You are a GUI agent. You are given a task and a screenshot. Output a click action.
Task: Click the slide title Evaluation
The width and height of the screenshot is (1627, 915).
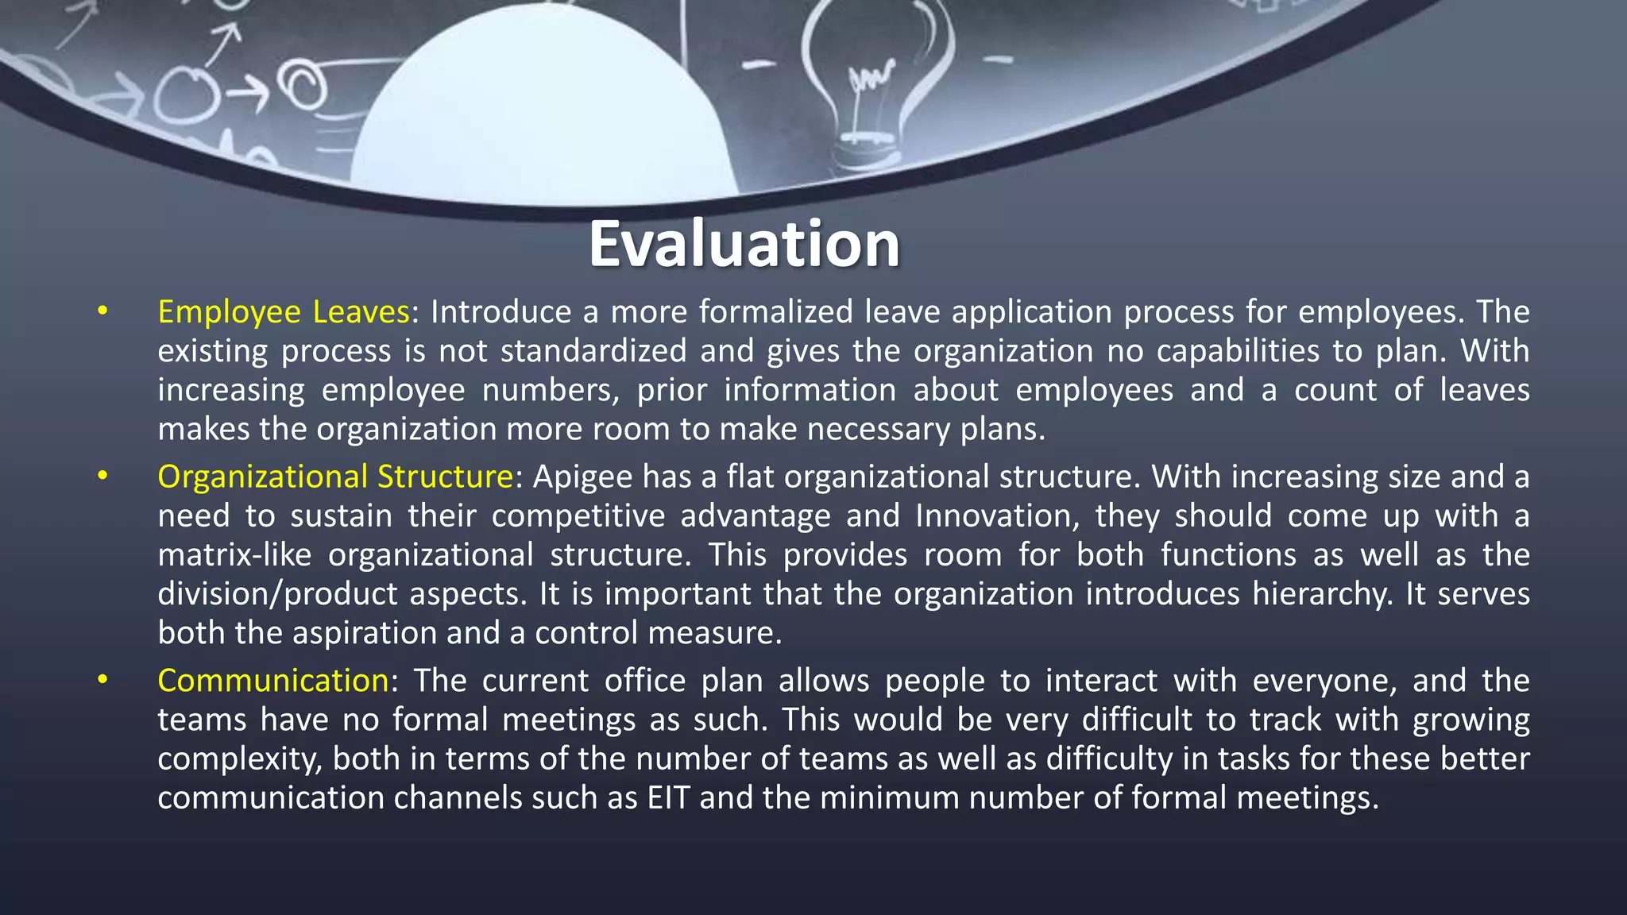point(744,244)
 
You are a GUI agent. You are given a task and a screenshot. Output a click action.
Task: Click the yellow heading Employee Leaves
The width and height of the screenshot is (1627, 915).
point(284,311)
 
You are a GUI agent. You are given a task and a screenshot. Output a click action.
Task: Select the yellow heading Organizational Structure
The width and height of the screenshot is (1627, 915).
point(335,477)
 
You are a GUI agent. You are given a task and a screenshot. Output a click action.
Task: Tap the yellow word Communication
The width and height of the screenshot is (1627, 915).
point(273,681)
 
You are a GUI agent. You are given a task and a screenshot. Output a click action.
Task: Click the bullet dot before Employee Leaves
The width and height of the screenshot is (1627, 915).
point(102,311)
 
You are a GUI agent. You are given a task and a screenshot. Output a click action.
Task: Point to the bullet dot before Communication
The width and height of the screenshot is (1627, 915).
point(102,680)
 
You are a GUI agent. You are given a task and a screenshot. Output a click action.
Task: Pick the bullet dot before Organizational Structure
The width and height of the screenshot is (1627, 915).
point(102,477)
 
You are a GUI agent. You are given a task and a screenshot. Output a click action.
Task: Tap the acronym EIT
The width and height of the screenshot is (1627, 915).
point(668,797)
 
